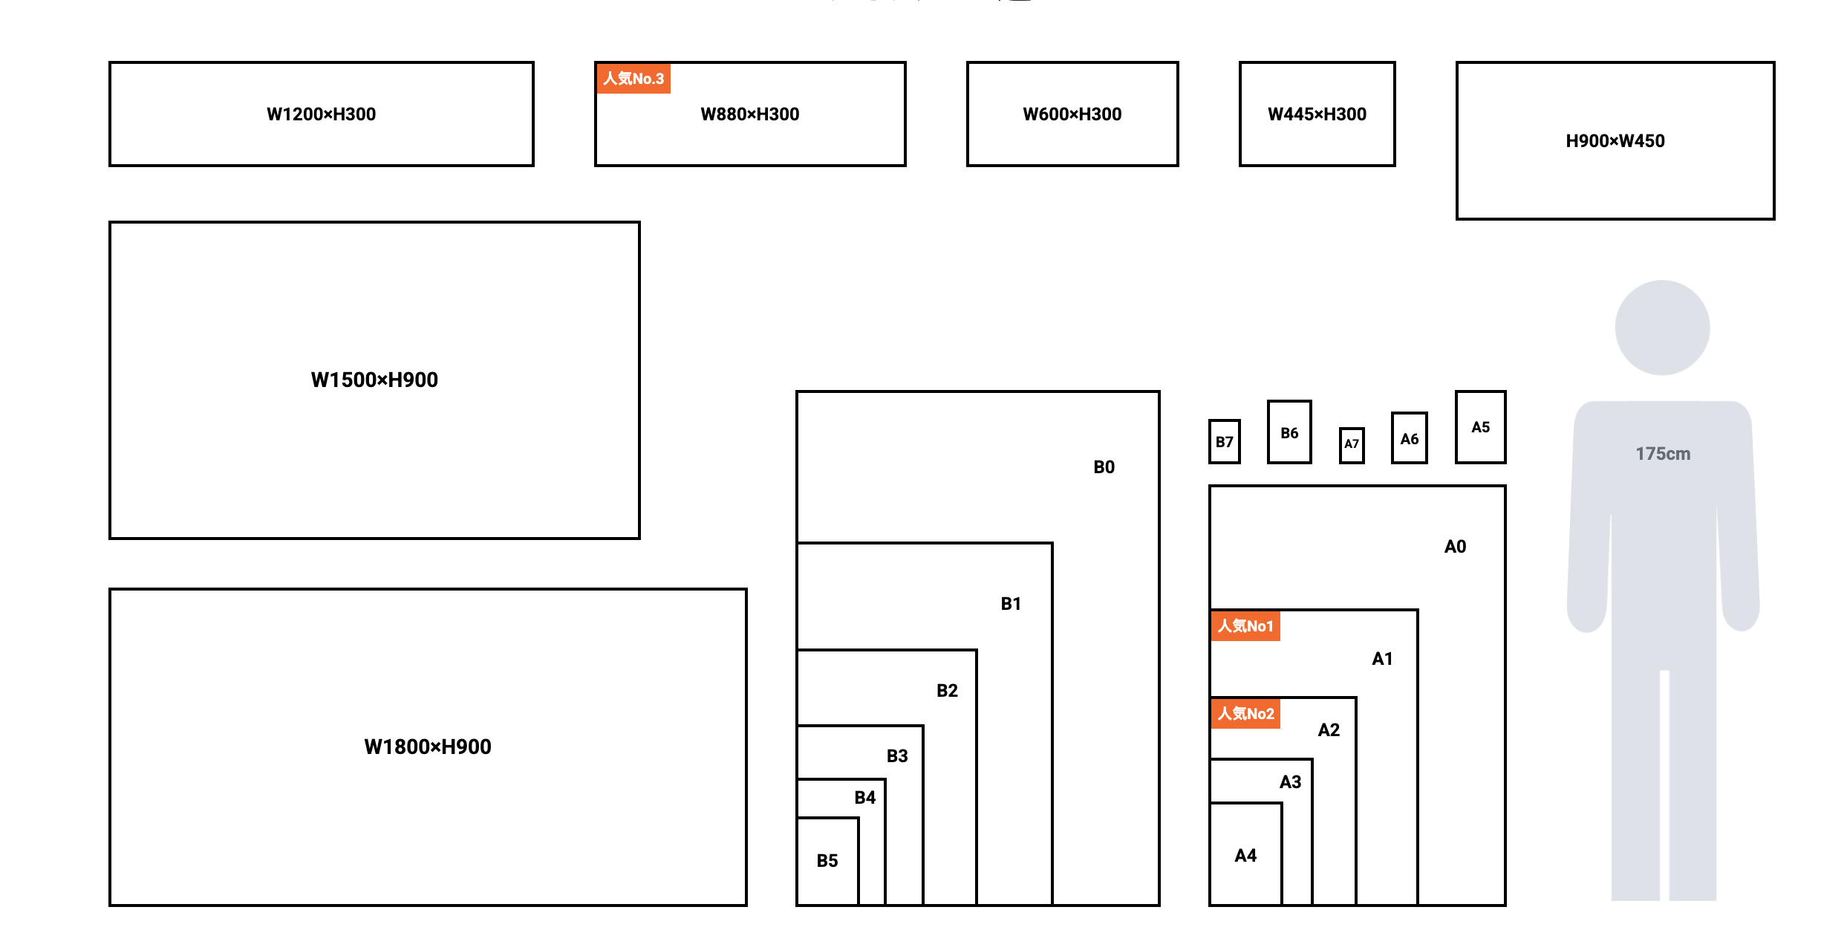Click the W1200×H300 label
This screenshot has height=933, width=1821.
coord(321,114)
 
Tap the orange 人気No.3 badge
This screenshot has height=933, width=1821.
coord(633,79)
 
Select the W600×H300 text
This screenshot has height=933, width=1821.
coord(1072,114)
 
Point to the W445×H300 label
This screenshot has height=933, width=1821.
coord(1317,114)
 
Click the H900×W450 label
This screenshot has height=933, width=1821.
coord(1615,141)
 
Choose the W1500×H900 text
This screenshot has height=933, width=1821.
coord(374,380)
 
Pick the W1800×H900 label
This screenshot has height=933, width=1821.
coord(428,747)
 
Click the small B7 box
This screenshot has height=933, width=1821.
coord(1224,442)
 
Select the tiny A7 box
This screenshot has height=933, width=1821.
coord(1352,444)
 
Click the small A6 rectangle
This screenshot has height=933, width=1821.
coord(1409,439)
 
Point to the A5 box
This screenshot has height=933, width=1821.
coord(1480,427)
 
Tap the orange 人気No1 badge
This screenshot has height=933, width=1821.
coord(1245,626)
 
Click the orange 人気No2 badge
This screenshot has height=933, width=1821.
coord(1245,714)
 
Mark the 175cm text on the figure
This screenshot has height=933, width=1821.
coord(1663,454)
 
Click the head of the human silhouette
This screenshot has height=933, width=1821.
coord(1662,328)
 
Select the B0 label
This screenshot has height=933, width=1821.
coord(1104,467)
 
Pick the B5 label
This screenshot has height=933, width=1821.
coord(827,861)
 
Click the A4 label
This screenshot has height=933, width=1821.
coord(1245,856)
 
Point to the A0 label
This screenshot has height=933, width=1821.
coord(1455,547)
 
